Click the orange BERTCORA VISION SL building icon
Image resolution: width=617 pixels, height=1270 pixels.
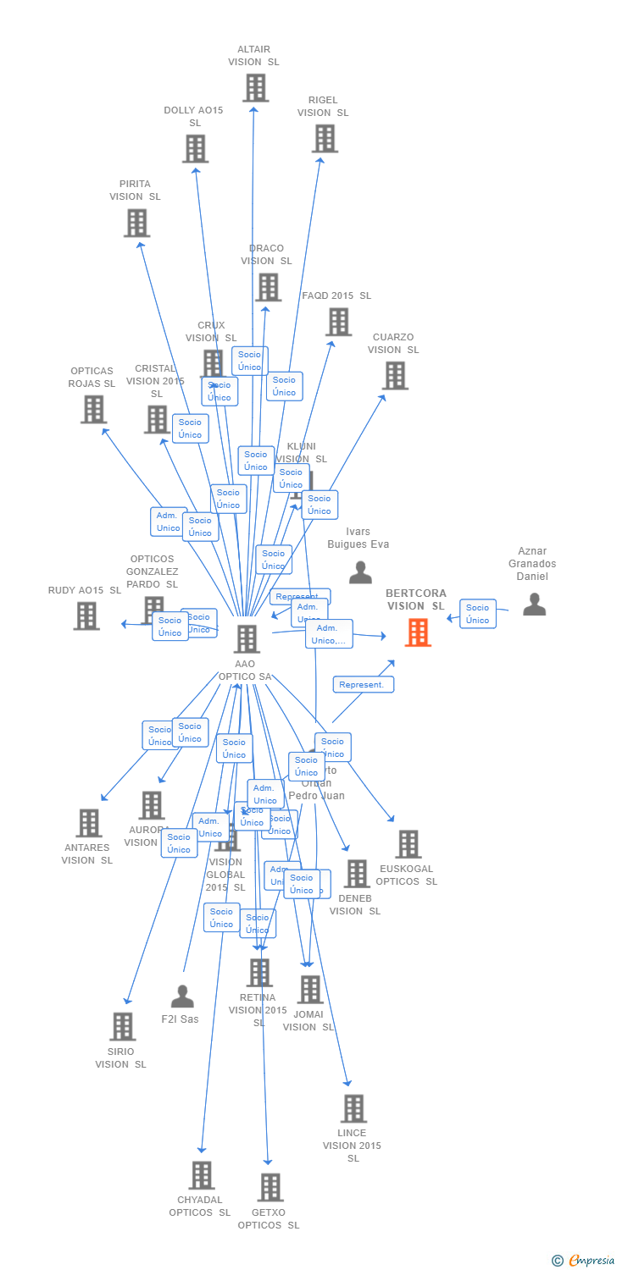(x=418, y=632)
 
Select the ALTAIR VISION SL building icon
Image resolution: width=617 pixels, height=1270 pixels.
(x=255, y=88)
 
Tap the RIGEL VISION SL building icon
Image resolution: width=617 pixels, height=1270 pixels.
(x=325, y=139)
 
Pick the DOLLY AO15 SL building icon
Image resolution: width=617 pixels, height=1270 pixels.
(x=195, y=149)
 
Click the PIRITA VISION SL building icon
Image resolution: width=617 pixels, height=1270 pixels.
(x=136, y=223)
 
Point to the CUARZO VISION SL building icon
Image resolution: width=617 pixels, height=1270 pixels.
(x=395, y=376)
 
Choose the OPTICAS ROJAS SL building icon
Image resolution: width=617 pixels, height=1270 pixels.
(x=93, y=410)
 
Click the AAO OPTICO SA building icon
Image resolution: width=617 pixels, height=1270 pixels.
(x=247, y=639)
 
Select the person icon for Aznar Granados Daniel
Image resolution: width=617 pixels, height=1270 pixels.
(x=534, y=604)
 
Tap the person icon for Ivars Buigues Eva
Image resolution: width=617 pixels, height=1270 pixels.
(x=360, y=572)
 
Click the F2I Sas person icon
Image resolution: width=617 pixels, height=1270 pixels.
(x=182, y=997)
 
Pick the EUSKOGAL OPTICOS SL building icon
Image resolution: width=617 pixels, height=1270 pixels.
(x=409, y=844)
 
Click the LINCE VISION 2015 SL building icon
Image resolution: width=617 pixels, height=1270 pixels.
(x=353, y=1108)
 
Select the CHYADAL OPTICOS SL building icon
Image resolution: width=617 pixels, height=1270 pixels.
(x=202, y=1175)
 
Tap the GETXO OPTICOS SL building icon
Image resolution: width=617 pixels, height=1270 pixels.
(x=270, y=1187)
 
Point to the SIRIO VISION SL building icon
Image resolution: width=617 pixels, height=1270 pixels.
(x=123, y=1026)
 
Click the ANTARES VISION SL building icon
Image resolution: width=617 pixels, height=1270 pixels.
(x=89, y=823)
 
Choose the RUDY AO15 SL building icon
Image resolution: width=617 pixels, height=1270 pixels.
(x=86, y=616)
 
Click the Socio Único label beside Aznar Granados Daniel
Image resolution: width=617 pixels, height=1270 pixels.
(x=478, y=614)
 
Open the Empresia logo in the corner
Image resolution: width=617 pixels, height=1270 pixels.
(x=584, y=1261)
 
